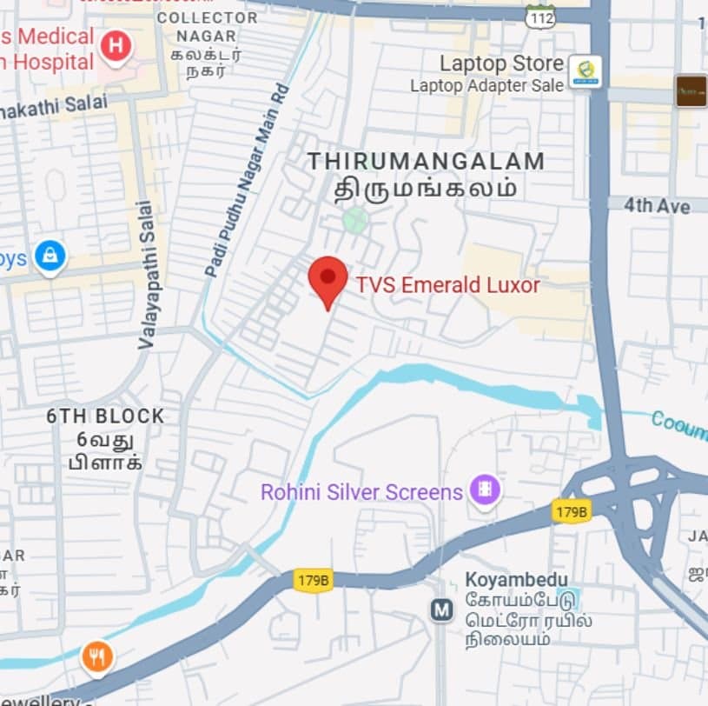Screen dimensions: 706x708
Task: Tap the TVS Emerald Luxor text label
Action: click(447, 285)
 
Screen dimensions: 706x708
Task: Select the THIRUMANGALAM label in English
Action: click(426, 162)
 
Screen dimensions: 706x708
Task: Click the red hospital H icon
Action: click(115, 46)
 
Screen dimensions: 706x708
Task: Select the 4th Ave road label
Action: click(657, 206)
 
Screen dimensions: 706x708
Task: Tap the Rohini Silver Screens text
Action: click(361, 492)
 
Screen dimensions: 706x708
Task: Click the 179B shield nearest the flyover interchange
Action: click(571, 511)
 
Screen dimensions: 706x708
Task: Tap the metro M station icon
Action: click(442, 610)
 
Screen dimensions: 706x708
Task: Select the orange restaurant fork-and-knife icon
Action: click(97, 657)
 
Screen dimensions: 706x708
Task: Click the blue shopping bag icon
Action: click(50, 258)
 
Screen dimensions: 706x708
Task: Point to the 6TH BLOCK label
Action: click(105, 416)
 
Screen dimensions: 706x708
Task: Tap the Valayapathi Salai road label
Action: click(145, 275)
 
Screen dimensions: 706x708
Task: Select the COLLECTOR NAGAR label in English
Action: click(208, 26)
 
